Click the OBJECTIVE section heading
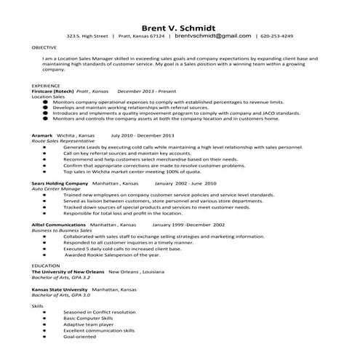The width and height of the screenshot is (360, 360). click(x=45, y=47)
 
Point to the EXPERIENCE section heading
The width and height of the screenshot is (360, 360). click(x=46, y=85)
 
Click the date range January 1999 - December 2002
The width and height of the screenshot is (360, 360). click(x=184, y=225)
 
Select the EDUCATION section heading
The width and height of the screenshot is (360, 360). click(x=46, y=266)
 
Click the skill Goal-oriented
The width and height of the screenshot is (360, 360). click(x=79, y=337)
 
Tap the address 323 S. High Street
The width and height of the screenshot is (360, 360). click(x=87, y=35)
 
